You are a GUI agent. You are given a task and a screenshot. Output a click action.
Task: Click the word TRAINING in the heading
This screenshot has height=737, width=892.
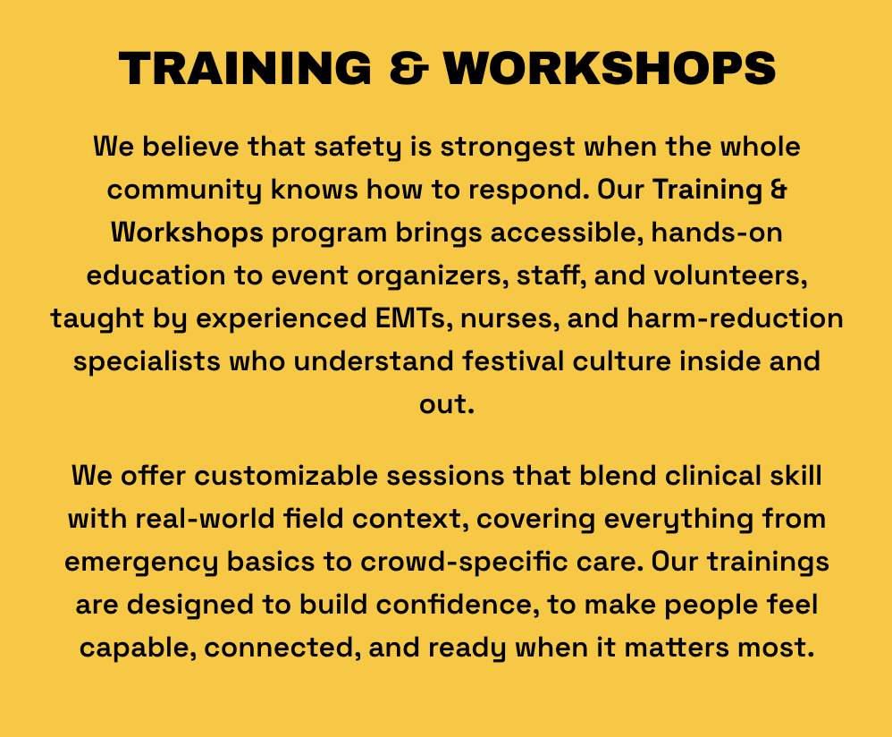tap(240, 68)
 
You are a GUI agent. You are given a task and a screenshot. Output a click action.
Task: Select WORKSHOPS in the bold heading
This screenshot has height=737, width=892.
tap(610, 68)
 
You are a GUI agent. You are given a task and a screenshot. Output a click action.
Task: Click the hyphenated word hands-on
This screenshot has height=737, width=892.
tap(717, 232)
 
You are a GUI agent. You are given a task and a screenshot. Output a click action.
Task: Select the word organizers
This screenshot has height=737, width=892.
tap(417, 275)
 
